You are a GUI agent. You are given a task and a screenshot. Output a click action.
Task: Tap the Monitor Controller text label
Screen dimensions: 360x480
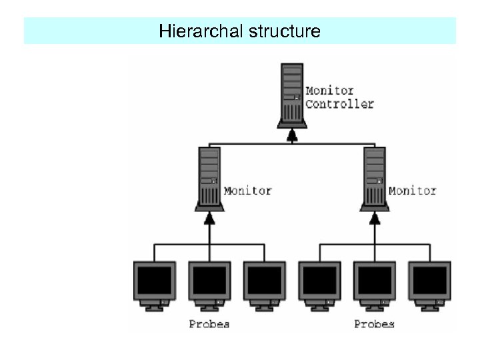tap(339, 97)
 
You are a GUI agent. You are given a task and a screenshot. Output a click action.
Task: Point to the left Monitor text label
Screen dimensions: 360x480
tap(248, 191)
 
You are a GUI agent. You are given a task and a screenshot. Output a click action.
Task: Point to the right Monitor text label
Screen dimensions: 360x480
tap(413, 191)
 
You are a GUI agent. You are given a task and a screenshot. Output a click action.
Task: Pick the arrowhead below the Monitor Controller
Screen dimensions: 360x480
tap(292, 136)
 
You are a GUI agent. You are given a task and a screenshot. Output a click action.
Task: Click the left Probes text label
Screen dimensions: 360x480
tap(209, 324)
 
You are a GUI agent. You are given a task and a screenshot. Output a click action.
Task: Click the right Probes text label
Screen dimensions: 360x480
tap(374, 324)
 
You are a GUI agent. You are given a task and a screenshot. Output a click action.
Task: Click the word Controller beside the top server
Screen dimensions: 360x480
tap(340, 104)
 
